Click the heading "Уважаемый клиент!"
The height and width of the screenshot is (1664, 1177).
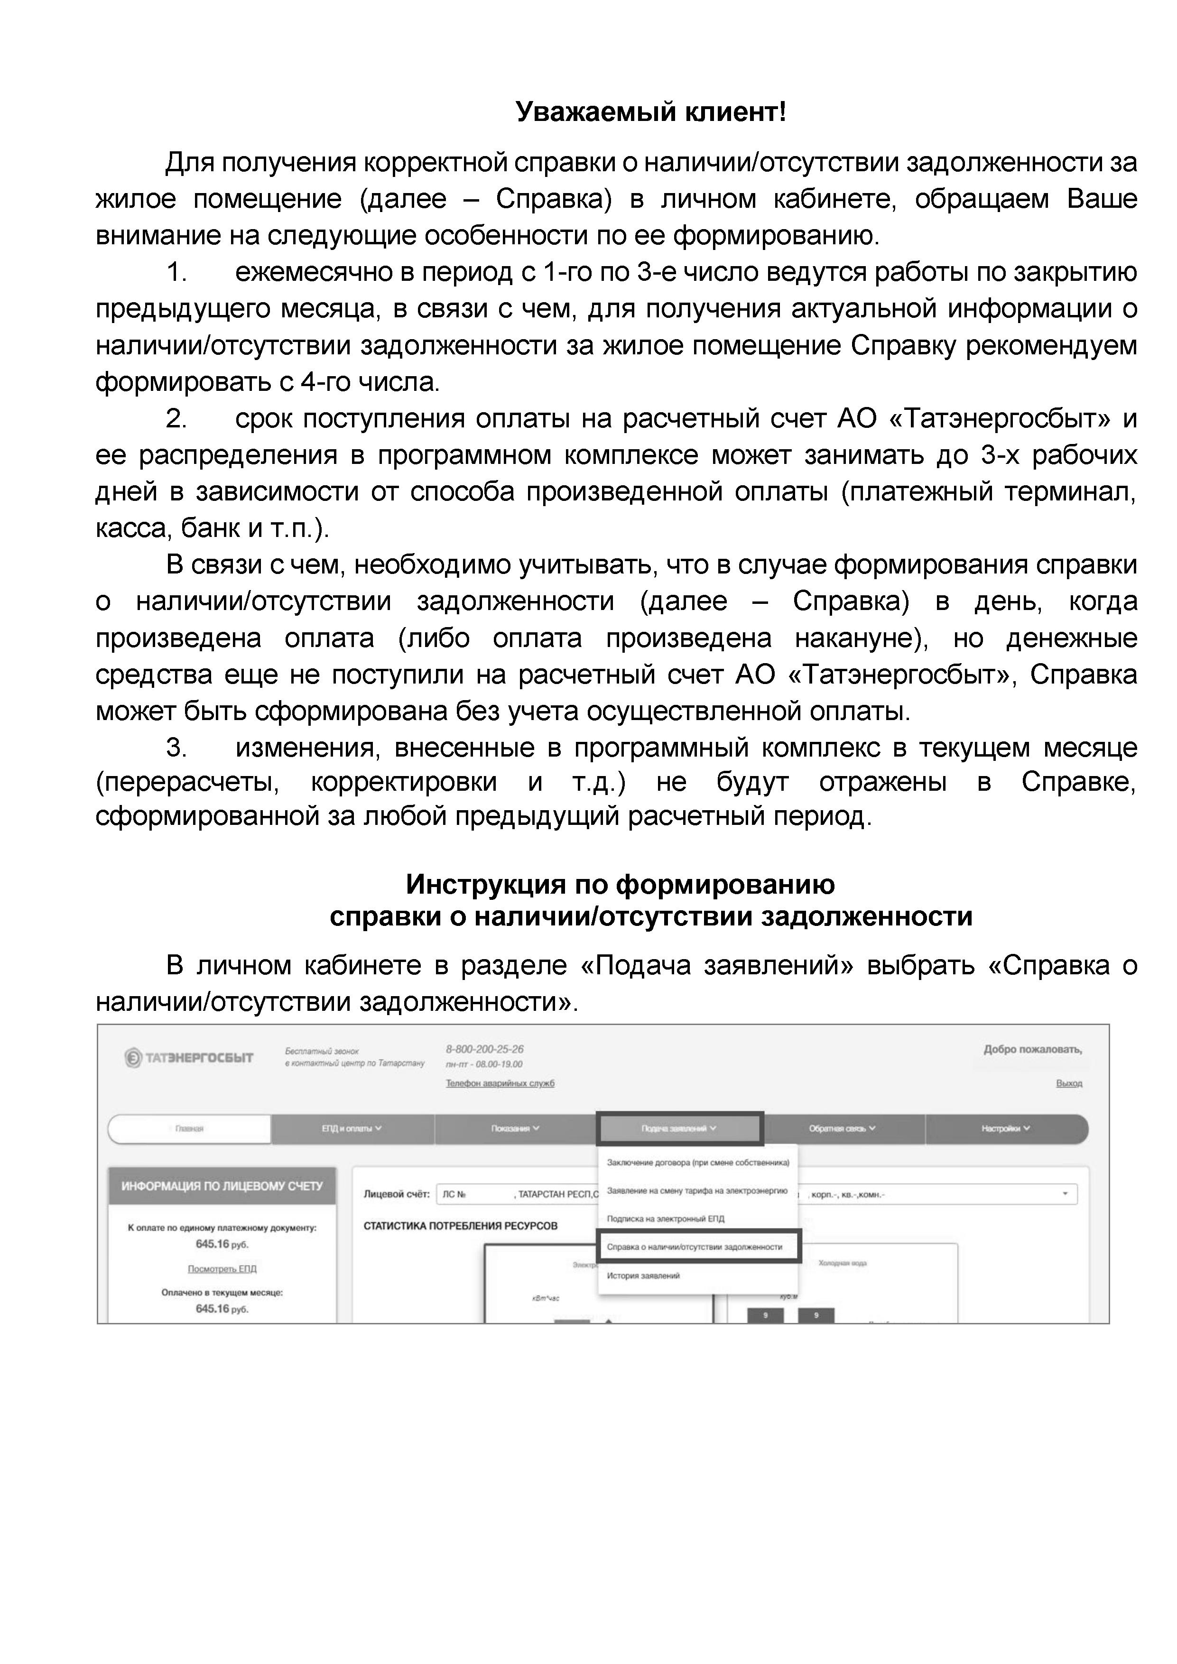coord(650,112)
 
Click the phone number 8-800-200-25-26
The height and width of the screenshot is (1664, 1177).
coord(484,1049)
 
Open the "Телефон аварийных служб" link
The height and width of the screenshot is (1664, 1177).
coord(500,1083)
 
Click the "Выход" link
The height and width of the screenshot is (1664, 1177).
coord(1069,1083)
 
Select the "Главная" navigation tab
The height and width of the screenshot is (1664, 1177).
coord(189,1128)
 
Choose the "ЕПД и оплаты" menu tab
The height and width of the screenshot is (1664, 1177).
coord(352,1128)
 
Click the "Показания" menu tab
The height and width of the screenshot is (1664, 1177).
coord(515,1128)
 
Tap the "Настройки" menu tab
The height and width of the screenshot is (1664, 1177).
coord(1006,1128)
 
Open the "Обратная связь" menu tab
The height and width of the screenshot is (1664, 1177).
coord(842,1128)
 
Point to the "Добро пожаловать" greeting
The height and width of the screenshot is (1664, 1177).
coord(1032,1049)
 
